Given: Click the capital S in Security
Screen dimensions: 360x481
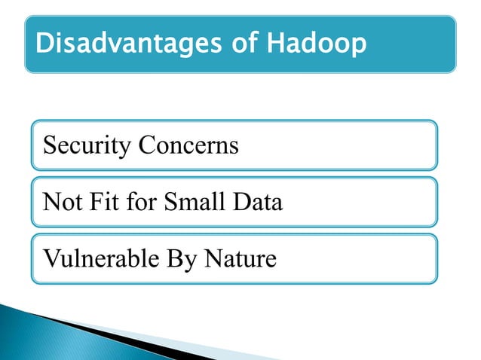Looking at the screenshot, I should point(50,145).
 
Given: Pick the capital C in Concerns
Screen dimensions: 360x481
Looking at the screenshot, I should point(144,145).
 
